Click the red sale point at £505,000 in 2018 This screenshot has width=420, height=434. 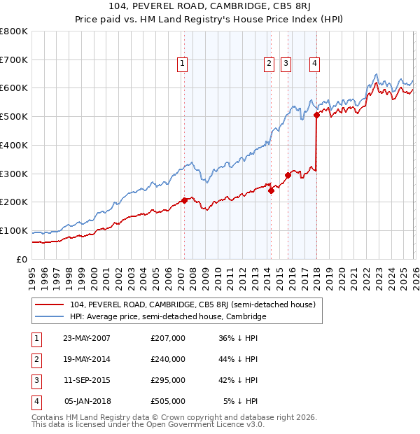tap(316, 115)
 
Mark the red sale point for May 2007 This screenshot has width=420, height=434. tap(184, 200)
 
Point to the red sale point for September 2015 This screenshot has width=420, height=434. tap(288, 175)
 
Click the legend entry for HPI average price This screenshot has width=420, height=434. tap(168, 317)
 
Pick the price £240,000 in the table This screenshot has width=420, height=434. tap(168, 360)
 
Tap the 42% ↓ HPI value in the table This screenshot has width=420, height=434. tap(238, 381)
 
